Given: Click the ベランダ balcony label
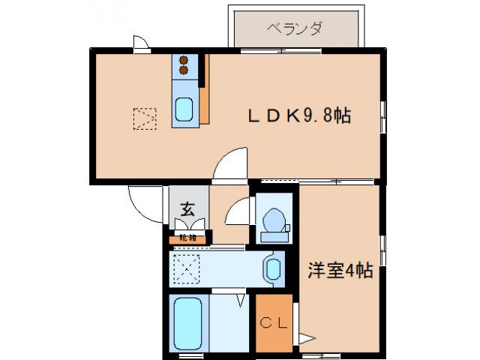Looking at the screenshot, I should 295,28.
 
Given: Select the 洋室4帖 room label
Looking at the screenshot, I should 339,271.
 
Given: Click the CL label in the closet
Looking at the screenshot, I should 271,323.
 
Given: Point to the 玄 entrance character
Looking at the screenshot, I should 187,209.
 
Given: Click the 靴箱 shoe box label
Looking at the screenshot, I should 187,238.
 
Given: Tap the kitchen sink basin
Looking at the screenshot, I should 184,109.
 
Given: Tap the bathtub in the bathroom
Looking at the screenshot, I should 187,323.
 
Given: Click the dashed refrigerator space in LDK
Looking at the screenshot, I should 144,117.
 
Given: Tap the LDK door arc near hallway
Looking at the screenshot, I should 229,164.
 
